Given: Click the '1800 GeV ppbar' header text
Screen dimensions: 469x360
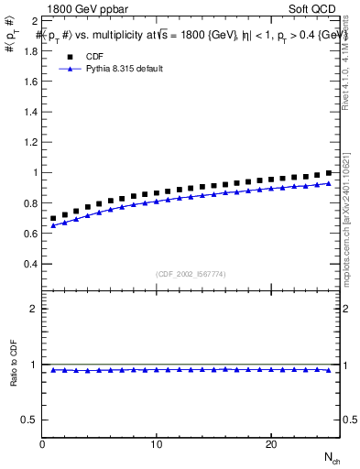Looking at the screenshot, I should click(85, 6).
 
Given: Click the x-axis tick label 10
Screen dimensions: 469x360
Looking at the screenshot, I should click(158, 444).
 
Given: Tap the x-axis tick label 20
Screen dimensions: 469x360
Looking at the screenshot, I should click(271, 444).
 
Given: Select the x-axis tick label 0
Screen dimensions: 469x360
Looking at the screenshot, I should click(43, 444).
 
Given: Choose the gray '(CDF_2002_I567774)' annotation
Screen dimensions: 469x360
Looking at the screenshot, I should click(191, 273).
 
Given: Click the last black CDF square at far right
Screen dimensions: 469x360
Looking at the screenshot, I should click(328, 173).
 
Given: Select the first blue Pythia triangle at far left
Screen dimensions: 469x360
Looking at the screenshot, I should click(54, 224).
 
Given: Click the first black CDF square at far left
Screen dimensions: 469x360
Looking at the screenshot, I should click(54, 219).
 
